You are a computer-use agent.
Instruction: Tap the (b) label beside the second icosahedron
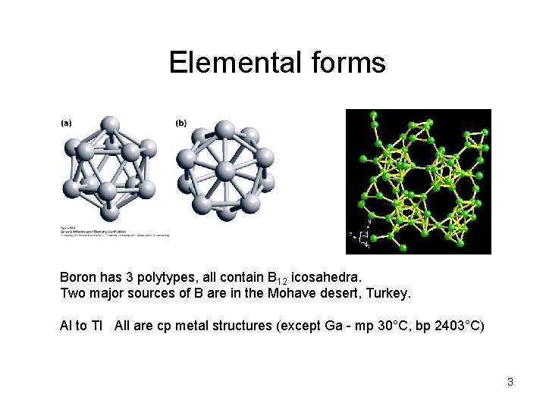[x=181, y=123]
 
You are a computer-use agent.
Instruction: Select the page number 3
[x=510, y=382]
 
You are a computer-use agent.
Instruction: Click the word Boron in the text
[x=78, y=277]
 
